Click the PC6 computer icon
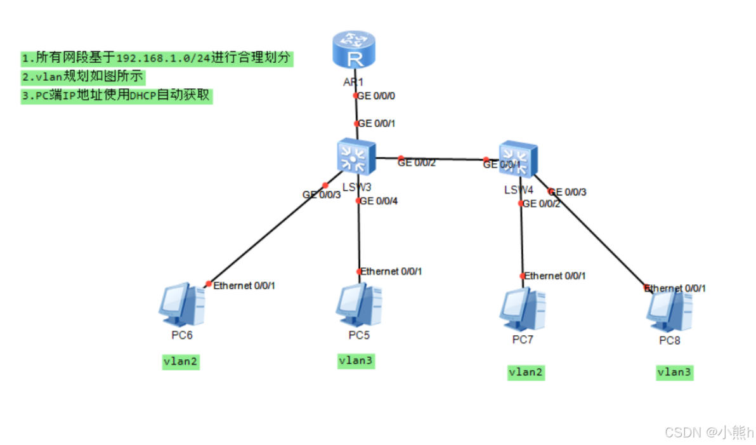pos(181,304)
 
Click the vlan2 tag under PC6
pos(181,362)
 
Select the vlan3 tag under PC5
pos(356,361)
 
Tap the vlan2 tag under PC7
pos(526,373)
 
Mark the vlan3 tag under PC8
pos(674,373)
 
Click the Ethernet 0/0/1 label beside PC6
pos(244,286)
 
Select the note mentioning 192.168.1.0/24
pos(157,58)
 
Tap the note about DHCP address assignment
pos(115,96)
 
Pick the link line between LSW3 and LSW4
pos(444,159)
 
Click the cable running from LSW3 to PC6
pos(266,235)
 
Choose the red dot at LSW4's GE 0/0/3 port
pos(551,191)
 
